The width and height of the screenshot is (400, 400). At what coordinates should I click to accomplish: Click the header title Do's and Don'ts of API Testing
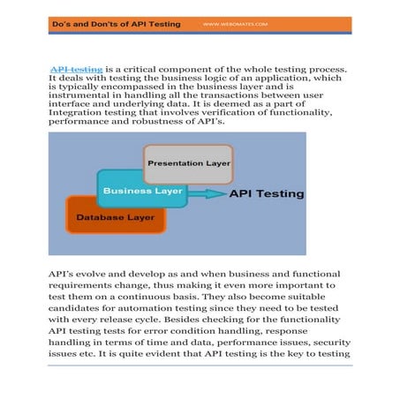(116, 24)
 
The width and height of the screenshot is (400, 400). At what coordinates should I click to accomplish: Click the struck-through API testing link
(76, 68)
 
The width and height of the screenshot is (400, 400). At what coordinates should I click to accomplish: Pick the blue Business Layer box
(142, 191)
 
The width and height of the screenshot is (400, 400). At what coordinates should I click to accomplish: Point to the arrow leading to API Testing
(207, 193)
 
